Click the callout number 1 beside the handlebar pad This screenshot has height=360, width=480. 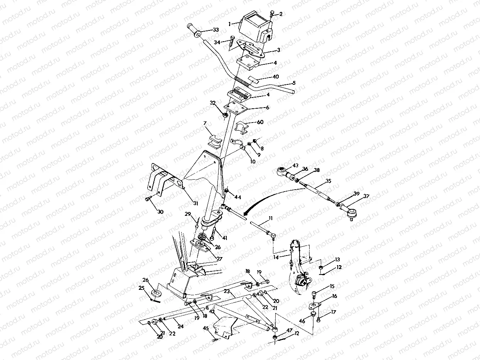[x=230, y=24]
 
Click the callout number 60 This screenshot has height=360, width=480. [x=260, y=122]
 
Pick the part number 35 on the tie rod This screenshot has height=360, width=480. [x=328, y=180]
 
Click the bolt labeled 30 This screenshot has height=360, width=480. [x=148, y=199]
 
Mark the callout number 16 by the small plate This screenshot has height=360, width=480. [x=334, y=296]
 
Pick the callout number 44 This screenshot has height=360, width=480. [x=237, y=197]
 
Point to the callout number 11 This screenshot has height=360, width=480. [x=271, y=218]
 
